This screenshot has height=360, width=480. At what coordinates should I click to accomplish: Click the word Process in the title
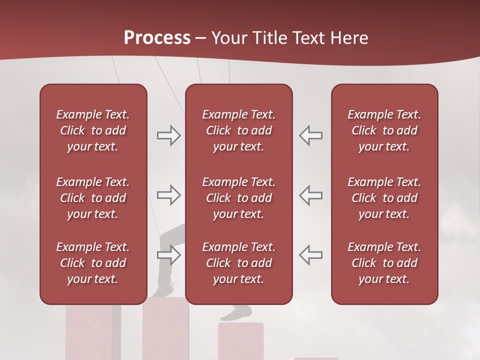coord(157,38)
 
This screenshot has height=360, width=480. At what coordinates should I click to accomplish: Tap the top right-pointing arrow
coord(168,135)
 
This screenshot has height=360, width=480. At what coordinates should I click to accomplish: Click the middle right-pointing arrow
coord(168,195)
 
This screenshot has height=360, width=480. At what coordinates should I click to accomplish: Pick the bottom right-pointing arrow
coord(168,255)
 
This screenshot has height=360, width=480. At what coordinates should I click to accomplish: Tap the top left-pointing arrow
coord(311,135)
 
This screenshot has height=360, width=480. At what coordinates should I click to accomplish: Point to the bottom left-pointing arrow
coord(311,254)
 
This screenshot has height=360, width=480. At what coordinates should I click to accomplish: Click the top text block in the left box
coord(93,130)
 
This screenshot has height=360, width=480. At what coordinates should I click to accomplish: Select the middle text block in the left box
coord(93,198)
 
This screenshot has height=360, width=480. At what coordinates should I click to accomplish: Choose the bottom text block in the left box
coord(93,263)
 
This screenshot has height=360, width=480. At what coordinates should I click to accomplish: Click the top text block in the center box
coord(238,130)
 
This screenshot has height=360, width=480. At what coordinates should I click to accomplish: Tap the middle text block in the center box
coord(238,198)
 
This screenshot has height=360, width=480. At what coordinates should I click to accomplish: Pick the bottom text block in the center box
coord(238,263)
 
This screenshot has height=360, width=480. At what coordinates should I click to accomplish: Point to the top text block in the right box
coord(384,130)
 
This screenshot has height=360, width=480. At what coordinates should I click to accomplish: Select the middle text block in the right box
coord(384,198)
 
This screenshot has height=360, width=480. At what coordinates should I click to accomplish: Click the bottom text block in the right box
coord(384,263)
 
